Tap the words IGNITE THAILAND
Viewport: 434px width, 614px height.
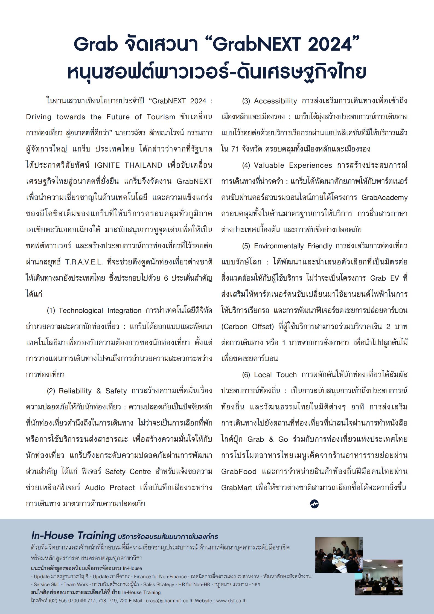pos(128,165)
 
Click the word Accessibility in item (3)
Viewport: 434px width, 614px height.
pos(275,101)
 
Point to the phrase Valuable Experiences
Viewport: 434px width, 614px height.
pos(293,165)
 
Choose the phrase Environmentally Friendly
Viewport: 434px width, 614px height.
pos(293,246)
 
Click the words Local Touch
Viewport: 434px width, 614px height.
pos(275,375)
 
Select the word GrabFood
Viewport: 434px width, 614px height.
pos(239,472)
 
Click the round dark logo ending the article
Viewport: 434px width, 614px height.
pos(314,504)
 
